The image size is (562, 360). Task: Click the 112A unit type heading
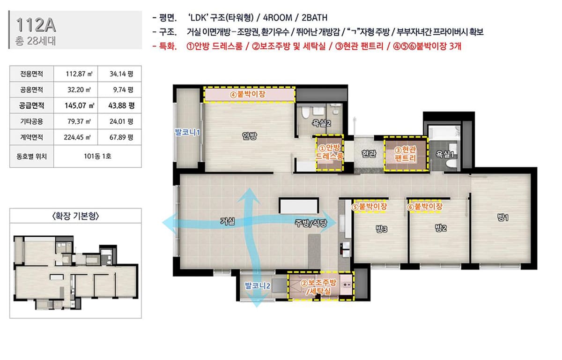(36, 25)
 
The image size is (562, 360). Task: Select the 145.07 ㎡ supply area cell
(75, 105)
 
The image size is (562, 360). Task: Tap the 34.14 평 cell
(119, 74)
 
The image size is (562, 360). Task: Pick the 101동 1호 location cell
(97, 156)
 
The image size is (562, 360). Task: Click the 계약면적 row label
(32, 137)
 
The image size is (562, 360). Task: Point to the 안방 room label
(249, 136)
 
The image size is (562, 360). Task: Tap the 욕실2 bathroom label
(321, 123)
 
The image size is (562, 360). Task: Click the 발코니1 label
(187, 132)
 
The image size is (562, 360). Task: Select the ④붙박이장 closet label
(248, 94)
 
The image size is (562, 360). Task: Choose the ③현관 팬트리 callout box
(406, 154)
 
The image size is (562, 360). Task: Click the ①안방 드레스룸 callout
(329, 153)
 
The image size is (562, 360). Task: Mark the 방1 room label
(503, 217)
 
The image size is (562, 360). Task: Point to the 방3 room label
(381, 229)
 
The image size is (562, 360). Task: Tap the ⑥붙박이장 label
(424, 207)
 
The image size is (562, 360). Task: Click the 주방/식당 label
(311, 223)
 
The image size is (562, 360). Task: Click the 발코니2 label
(258, 285)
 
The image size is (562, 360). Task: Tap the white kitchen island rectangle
(299, 205)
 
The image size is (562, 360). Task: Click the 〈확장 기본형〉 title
(75, 216)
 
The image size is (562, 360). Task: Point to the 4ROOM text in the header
(277, 18)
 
